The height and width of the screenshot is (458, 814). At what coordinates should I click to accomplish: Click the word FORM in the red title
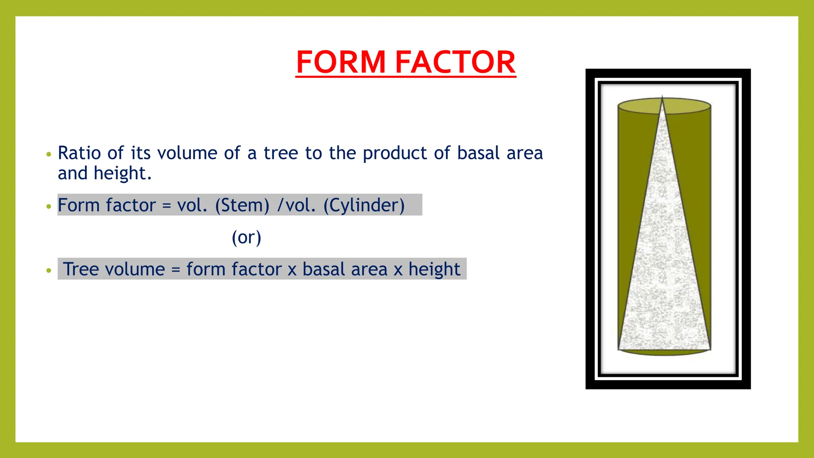(341, 62)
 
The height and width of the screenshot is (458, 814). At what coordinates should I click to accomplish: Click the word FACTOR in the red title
(455, 62)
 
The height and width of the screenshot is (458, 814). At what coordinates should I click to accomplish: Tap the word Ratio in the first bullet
(79, 153)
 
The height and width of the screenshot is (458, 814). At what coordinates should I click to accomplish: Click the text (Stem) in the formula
(242, 206)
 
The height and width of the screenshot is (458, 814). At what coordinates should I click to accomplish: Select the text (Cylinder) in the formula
(364, 206)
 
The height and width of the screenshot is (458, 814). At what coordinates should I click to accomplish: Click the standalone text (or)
(246, 237)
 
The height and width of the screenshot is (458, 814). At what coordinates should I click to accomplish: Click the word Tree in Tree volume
(81, 269)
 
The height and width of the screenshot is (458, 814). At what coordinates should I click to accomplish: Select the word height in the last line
(434, 270)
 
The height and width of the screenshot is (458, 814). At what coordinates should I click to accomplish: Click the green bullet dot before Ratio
(49, 154)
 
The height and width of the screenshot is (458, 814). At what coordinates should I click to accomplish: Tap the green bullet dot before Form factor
(49, 206)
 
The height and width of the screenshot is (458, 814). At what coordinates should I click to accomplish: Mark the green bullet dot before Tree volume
(49, 271)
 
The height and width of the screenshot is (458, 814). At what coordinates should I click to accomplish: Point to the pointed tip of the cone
(662, 97)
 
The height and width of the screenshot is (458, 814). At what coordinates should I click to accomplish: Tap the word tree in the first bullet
(281, 153)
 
